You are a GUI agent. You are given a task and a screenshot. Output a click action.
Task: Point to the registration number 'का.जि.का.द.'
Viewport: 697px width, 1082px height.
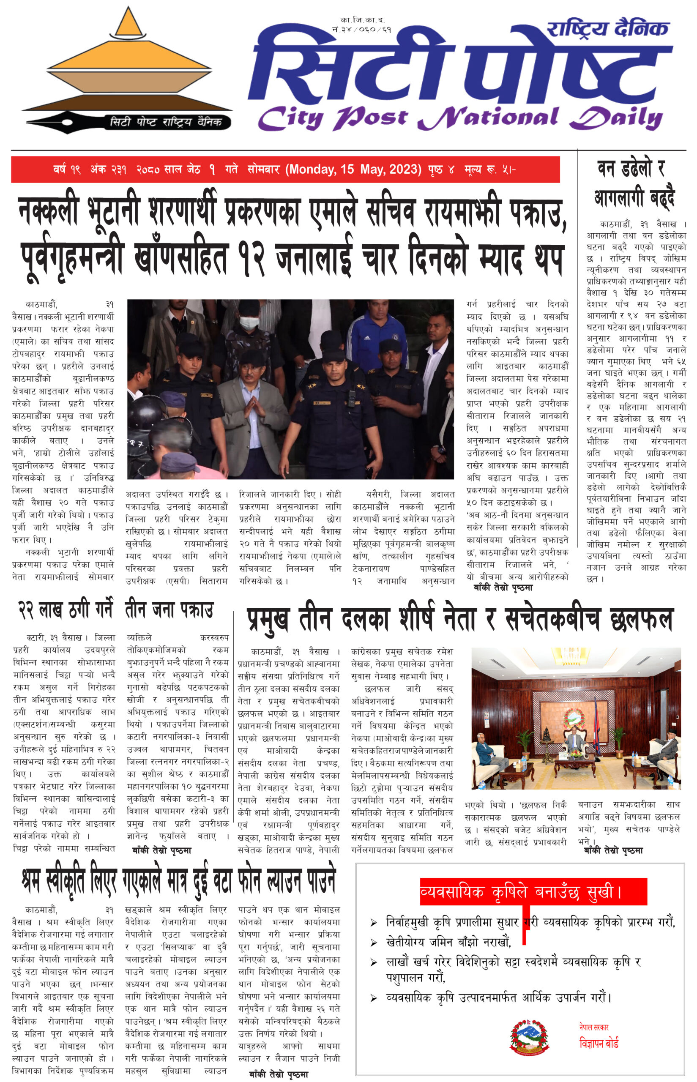tap(362, 20)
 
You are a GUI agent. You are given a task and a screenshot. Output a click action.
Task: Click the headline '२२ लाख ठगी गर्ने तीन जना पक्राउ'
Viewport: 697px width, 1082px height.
tap(116, 610)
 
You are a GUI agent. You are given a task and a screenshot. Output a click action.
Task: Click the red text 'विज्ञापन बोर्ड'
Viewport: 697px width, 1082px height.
tap(599, 1043)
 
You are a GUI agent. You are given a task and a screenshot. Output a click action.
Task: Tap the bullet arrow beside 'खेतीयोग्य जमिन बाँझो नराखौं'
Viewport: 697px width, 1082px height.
tap(374, 943)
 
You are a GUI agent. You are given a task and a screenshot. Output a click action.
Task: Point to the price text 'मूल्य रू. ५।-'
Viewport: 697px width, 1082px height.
tap(490, 170)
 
